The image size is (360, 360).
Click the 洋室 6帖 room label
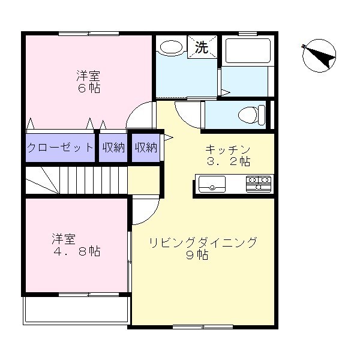[x=88, y=82]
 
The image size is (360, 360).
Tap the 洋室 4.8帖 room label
[x=75, y=245]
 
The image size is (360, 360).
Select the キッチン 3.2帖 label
[x=227, y=155]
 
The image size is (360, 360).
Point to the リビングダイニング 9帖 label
[x=203, y=248]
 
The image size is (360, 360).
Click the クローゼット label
[x=60, y=147]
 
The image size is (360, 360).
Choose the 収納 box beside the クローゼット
[x=113, y=147]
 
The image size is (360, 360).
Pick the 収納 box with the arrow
[x=146, y=147]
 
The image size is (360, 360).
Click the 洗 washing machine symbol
[x=202, y=47]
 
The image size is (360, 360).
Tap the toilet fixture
[x=250, y=113]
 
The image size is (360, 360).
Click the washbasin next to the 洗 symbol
[x=172, y=47]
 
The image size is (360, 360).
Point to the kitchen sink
[x=211, y=183]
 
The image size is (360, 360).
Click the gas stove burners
[x=259, y=183]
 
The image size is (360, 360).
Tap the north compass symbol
[x=319, y=56]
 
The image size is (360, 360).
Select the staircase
[x=77, y=180]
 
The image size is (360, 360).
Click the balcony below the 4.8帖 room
[x=76, y=310]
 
